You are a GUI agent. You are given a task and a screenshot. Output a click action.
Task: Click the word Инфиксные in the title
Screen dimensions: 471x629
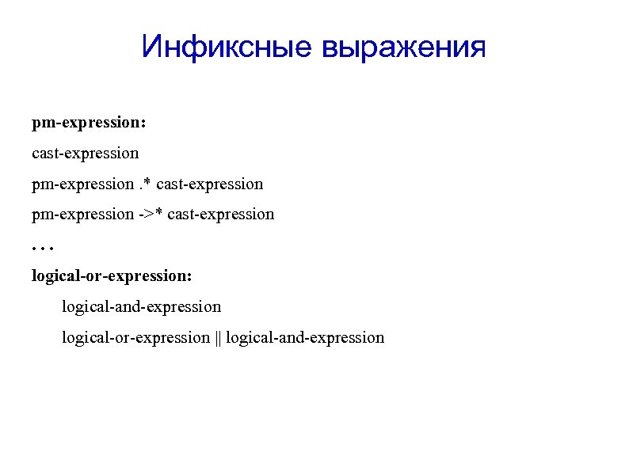227,47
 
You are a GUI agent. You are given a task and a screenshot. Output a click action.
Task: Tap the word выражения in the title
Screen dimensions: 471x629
403,47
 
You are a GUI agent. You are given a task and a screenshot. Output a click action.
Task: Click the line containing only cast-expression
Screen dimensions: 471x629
85,153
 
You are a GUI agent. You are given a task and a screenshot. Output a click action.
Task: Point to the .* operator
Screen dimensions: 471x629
146,184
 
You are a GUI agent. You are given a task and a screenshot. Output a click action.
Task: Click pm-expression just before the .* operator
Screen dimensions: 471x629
82,184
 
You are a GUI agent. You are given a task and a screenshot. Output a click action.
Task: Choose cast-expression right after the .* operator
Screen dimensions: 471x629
210,184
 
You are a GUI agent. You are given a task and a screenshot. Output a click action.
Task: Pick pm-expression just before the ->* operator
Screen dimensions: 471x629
82,214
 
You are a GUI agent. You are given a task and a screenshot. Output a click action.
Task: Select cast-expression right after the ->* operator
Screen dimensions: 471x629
221,214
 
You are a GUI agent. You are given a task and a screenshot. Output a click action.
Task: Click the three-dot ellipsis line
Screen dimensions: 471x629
41,247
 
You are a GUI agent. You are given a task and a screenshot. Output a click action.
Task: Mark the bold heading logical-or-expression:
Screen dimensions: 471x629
112,276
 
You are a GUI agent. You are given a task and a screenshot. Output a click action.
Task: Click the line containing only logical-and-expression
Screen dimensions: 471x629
142,306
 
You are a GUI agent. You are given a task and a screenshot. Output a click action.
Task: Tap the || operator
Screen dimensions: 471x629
218,338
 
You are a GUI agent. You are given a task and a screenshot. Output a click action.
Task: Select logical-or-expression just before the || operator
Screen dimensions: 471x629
136,338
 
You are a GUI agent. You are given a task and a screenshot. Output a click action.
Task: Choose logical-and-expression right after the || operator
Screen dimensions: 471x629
305,338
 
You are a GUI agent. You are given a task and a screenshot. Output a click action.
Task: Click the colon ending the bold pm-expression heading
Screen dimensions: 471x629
143,124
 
